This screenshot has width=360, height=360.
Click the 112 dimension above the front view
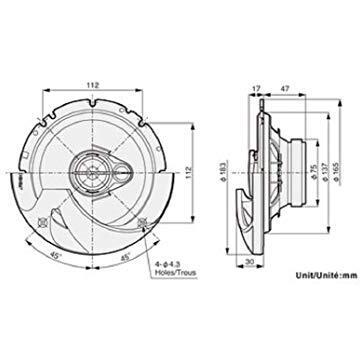point(91,85)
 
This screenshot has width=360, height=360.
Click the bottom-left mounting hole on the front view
point(40,219)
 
